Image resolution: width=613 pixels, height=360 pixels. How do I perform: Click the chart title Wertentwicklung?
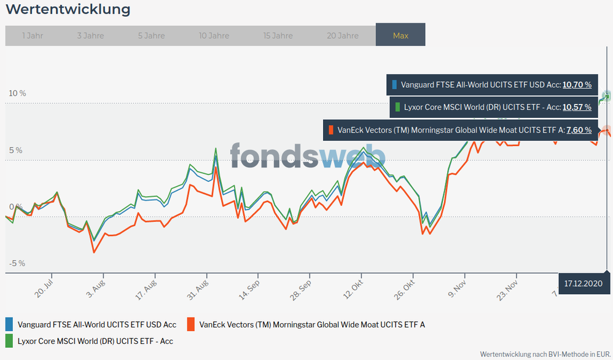[68, 10]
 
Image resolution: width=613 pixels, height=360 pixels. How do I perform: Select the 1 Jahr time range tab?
[32, 36]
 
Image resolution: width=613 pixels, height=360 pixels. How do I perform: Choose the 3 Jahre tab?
[90, 36]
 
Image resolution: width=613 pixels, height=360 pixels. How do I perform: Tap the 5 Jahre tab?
[151, 36]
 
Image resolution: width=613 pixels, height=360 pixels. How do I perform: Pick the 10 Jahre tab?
[214, 36]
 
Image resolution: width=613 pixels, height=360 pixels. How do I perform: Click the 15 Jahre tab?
[278, 36]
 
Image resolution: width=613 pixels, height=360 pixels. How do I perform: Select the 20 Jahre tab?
[342, 36]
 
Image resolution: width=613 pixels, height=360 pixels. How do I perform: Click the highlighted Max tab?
[400, 36]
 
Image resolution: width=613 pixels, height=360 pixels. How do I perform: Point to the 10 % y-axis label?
[17, 93]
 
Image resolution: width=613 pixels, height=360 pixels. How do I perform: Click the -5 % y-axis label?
[17, 264]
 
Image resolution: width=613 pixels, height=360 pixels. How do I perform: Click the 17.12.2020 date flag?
[585, 283]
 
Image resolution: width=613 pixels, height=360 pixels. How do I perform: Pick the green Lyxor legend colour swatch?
[9, 339]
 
